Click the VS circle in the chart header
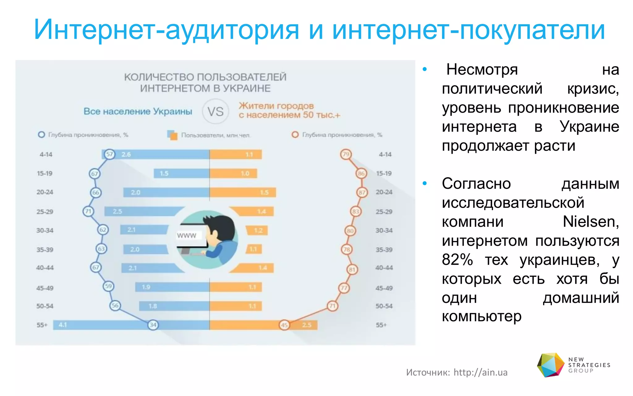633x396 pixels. (215, 111)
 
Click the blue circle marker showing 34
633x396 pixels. (153, 325)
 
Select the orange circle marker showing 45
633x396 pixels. (284, 325)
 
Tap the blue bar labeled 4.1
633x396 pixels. (102, 325)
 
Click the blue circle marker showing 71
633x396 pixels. (88, 211)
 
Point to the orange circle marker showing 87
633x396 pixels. (362, 192)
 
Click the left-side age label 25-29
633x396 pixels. (45, 212)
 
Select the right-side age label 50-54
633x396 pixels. (384, 306)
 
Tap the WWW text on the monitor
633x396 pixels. (186, 235)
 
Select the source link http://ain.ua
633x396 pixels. (480, 372)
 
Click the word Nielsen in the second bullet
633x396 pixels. (590, 222)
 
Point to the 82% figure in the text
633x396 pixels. (457, 260)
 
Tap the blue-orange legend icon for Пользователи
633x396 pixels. (172, 135)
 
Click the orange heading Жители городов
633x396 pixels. (276, 106)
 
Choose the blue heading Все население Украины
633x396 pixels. (138, 111)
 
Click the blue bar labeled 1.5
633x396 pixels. (181, 174)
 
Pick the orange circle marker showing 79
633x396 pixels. (346, 154)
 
